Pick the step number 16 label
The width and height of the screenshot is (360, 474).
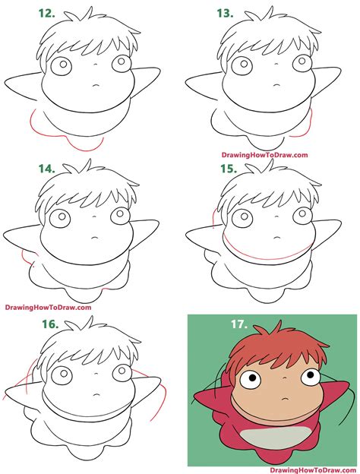[49, 324]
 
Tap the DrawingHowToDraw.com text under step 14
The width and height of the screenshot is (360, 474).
[47, 308]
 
